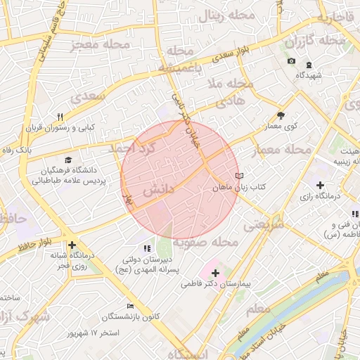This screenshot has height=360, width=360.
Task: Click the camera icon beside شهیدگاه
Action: (x=291, y=61)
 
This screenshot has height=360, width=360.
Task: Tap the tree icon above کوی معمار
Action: (x=281, y=115)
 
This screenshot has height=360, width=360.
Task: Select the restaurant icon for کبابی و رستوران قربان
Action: (x=60, y=117)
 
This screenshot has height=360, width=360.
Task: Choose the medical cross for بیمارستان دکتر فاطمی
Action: (x=215, y=273)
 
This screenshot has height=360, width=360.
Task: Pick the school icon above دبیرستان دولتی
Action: (x=147, y=247)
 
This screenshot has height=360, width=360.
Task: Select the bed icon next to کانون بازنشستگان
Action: (x=129, y=306)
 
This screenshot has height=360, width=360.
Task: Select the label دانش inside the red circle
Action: (x=158, y=191)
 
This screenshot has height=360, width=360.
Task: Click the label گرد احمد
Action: (x=131, y=150)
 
